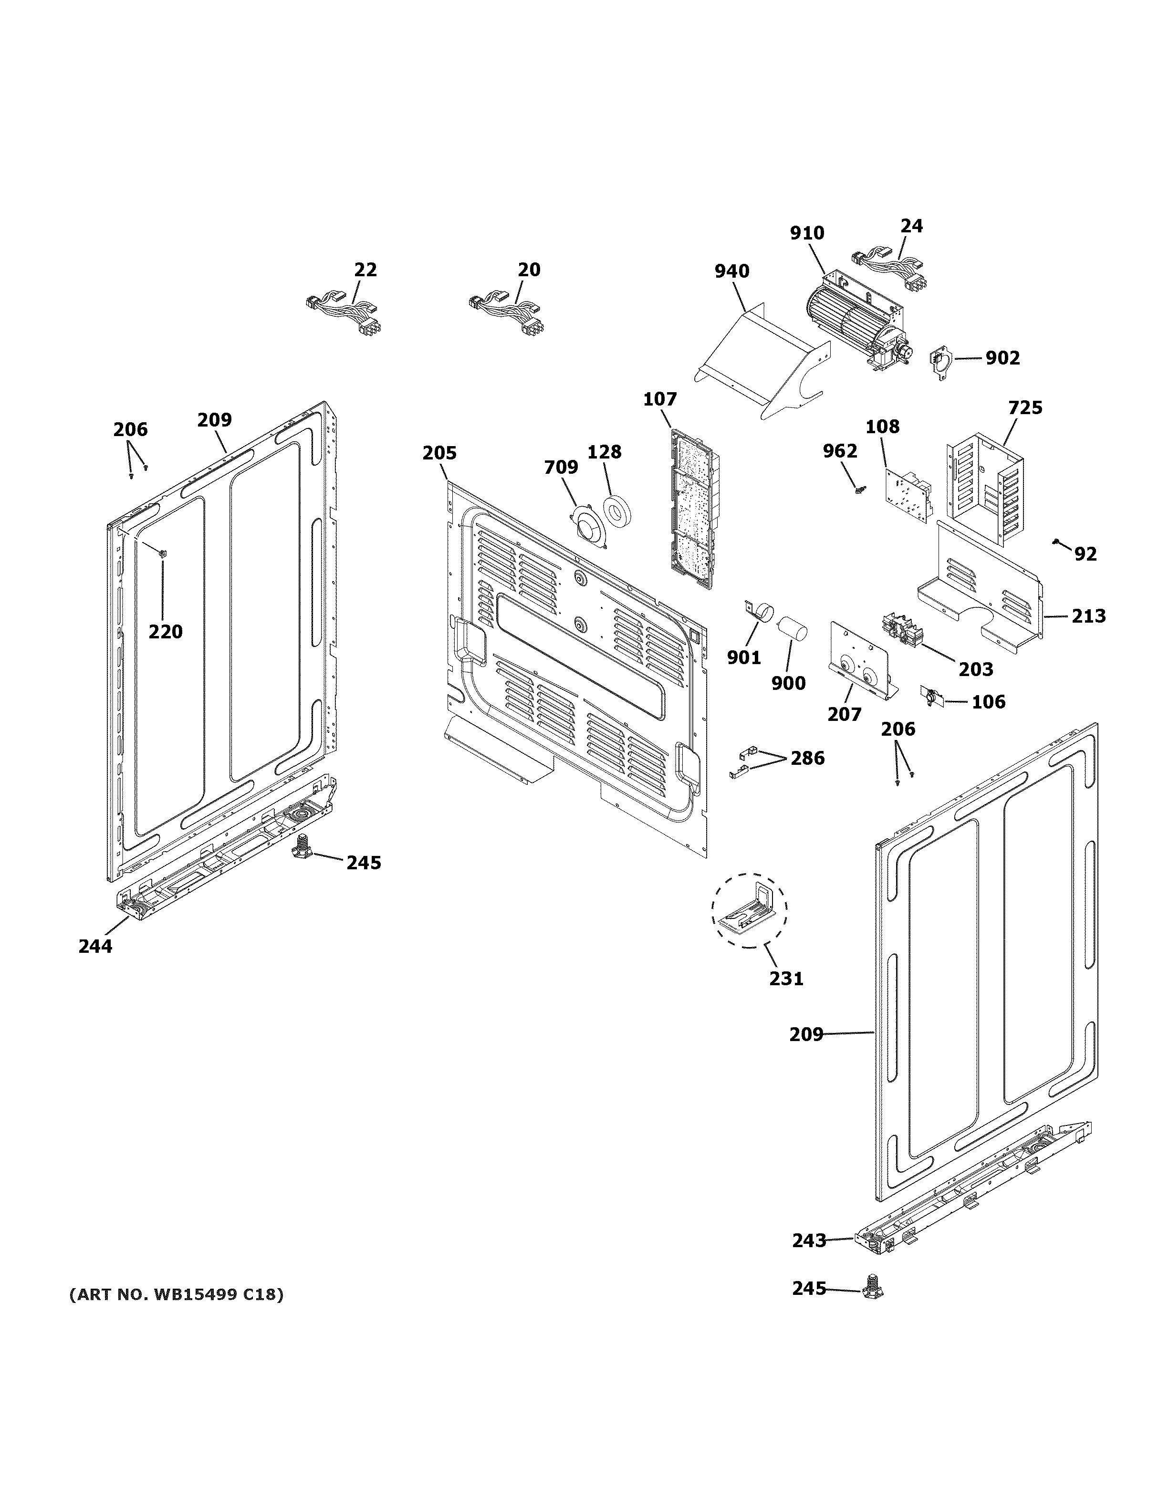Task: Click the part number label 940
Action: coord(732,271)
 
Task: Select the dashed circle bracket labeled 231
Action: coord(749,909)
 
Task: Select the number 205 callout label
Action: coord(439,453)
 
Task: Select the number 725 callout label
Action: coord(1024,407)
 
